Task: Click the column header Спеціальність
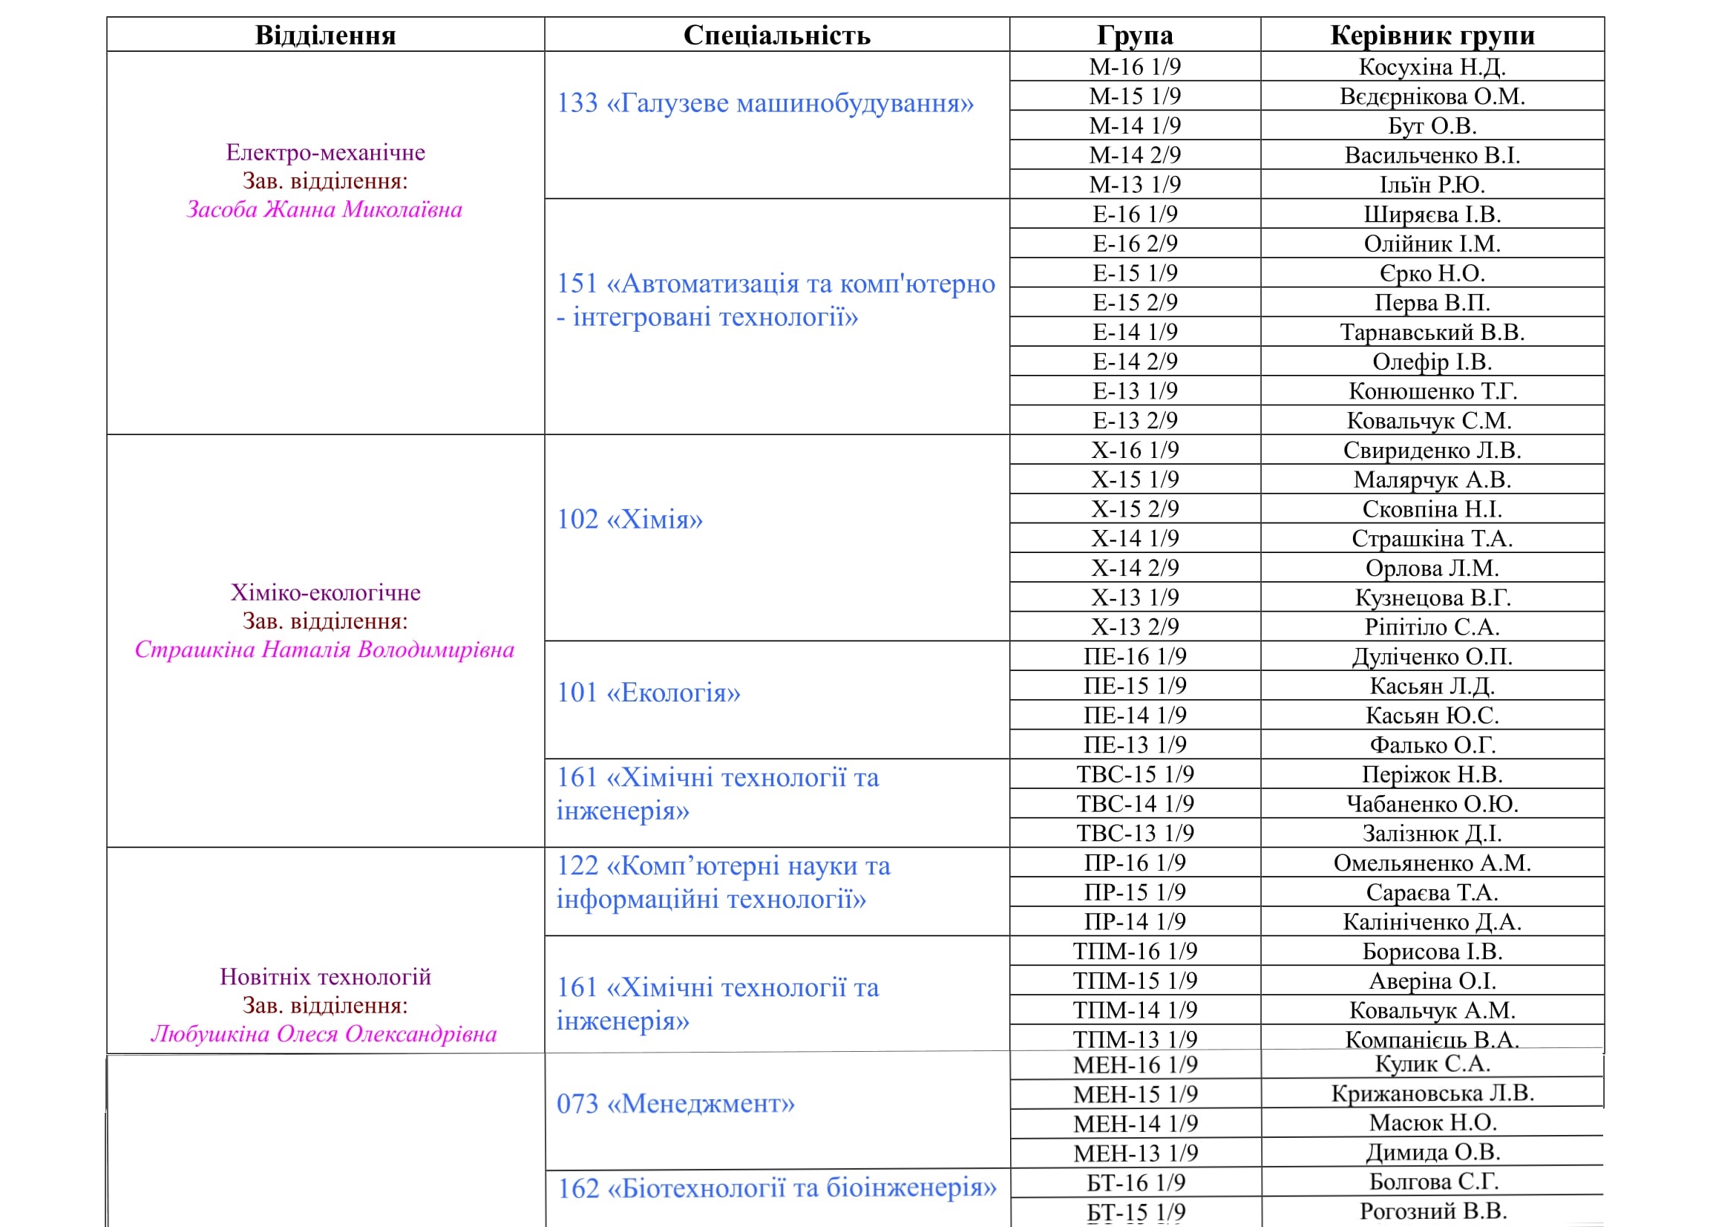pyautogui.click(x=776, y=36)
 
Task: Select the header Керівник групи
pyautogui.click(x=1432, y=36)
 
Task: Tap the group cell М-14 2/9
pyautogui.click(x=1135, y=155)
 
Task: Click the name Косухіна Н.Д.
pyautogui.click(x=1432, y=68)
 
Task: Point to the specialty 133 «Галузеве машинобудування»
pyautogui.click(x=765, y=103)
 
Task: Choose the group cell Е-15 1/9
pyautogui.click(x=1135, y=273)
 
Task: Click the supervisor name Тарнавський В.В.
pyautogui.click(x=1432, y=332)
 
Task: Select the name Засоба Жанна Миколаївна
pyautogui.click(x=324, y=209)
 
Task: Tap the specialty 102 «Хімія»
pyautogui.click(x=630, y=520)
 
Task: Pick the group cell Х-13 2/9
pyautogui.click(x=1135, y=626)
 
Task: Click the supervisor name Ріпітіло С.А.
pyautogui.click(x=1432, y=626)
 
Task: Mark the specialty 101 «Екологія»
pyautogui.click(x=649, y=693)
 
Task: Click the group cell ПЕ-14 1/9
pyautogui.click(x=1135, y=715)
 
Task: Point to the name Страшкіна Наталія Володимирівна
pyautogui.click(x=324, y=650)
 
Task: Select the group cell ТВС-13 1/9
pyautogui.click(x=1135, y=833)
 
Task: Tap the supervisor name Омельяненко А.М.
pyautogui.click(x=1432, y=863)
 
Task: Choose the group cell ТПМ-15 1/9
pyautogui.click(x=1135, y=981)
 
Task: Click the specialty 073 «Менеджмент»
pyautogui.click(x=676, y=1104)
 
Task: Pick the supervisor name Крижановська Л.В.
pyautogui.click(x=1432, y=1093)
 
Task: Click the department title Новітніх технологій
pyautogui.click(x=325, y=977)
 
